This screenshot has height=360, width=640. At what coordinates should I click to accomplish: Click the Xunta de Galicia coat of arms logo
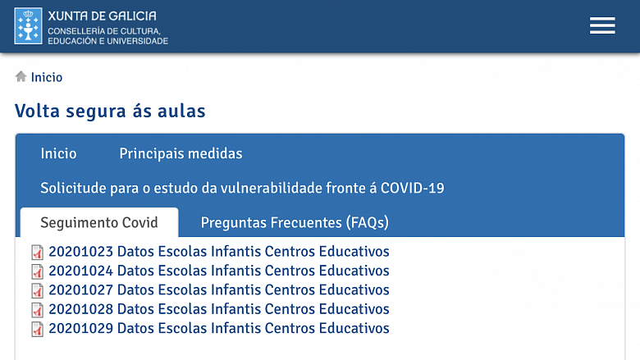28,25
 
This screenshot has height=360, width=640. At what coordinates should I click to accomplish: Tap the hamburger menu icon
602,25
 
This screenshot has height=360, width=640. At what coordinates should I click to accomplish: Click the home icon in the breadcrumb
21,76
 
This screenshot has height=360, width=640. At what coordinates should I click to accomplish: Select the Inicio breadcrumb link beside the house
47,77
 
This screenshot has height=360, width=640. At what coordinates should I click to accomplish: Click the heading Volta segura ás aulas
110,111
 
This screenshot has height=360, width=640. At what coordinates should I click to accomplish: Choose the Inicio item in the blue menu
58,153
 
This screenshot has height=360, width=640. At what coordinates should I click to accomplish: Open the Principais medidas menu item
181,153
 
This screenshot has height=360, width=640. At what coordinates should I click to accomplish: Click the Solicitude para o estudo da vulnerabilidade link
242,188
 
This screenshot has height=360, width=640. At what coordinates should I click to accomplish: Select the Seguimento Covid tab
99,222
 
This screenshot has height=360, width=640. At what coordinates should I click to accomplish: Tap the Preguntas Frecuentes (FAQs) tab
295,222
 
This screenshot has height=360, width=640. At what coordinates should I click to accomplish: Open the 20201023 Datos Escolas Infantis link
219,252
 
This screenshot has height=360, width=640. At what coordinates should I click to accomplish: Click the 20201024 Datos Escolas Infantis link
219,271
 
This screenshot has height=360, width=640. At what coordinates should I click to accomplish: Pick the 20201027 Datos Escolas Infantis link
219,289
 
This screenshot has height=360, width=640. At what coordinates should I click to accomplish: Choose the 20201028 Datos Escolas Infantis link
219,309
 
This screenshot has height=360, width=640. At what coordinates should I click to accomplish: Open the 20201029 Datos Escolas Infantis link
219,328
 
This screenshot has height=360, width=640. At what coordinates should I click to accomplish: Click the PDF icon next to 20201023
37,253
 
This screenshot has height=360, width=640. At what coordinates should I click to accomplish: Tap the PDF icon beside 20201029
37,329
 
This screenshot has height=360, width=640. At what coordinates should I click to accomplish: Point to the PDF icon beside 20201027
37,290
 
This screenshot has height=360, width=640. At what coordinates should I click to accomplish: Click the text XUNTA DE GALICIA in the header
102,16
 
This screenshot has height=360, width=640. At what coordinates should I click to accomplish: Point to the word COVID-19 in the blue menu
412,188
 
